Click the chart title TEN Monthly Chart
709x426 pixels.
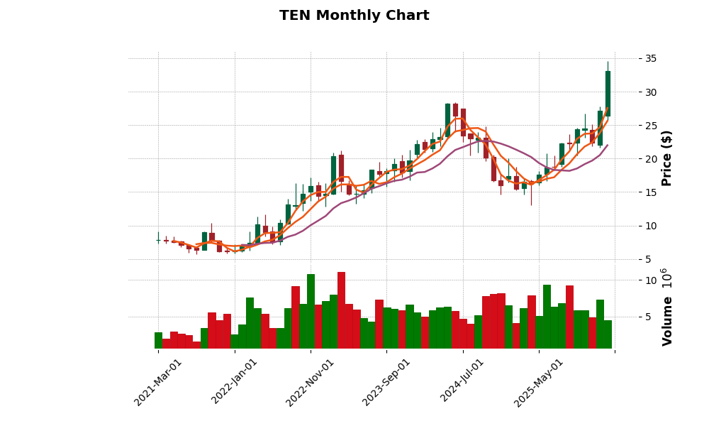[354, 16]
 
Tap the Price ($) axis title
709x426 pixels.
[667, 158]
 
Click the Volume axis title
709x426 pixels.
[667, 307]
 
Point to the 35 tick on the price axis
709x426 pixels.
[632, 58]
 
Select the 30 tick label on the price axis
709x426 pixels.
[632, 92]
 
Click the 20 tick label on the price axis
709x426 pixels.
[632, 159]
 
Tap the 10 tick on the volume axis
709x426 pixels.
[632, 280]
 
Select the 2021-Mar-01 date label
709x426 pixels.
[159, 382]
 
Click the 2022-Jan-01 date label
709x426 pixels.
[235, 382]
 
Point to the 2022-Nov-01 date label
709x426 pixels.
[311, 382]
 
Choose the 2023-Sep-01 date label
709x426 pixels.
[387, 382]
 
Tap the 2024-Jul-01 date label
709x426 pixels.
[463, 382]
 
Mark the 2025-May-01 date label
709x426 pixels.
[539, 382]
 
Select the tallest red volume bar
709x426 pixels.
[341, 310]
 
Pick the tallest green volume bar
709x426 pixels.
[311, 311]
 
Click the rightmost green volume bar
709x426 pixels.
[608, 334]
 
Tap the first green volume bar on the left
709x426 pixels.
[158, 340]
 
